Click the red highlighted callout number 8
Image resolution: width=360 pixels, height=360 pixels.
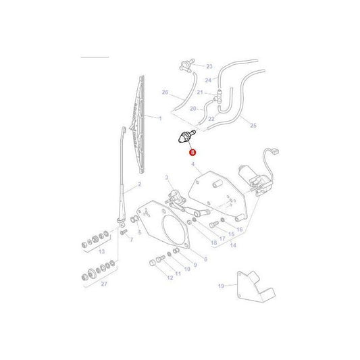[191, 153]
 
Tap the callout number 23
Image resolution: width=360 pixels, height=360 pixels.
[209, 66]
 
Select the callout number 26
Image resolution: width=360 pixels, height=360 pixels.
[164, 92]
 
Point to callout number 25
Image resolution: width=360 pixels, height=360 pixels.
[253, 125]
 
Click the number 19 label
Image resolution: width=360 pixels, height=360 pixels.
[220, 286]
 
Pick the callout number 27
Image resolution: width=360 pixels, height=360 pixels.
[103, 285]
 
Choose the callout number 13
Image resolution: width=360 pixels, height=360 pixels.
[103, 251]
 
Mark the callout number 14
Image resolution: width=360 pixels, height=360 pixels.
[232, 245]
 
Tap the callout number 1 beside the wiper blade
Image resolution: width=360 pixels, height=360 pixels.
[160, 118]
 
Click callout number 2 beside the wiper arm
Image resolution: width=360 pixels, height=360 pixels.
[139, 184]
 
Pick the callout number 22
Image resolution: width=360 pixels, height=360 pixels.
[211, 119]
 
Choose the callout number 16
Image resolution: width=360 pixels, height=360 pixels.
[238, 230]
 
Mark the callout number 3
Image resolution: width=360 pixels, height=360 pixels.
[165, 177]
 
